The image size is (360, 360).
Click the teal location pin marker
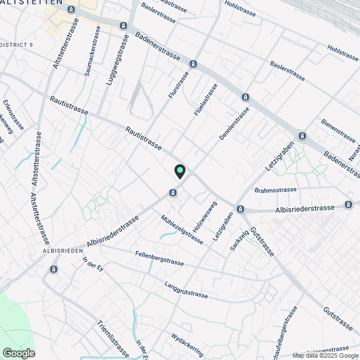(179, 170)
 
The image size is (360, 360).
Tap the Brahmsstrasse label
(275, 190)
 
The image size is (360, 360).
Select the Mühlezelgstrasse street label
(181, 229)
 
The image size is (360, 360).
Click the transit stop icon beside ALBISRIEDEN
(53, 269)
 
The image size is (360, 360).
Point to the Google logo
(18, 353)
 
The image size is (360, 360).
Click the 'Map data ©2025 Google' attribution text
(321, 355)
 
